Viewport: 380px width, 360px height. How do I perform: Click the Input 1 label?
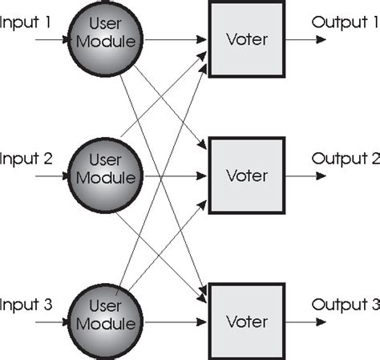pyautogui.click(x=26, y=21)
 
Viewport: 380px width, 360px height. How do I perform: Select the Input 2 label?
pyautogui.click(x=26, y=157)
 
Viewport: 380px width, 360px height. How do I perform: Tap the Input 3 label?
pyautogui.click(x=26, y=305)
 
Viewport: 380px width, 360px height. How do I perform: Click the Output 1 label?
pyautogui.click(x=346, y=21)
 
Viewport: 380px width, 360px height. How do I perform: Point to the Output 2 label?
pyautogui.click(x=346, y=157)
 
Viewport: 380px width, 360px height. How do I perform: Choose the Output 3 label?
pyautogui.click(x=346, y=305)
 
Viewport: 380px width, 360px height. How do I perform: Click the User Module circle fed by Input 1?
pyautogui.click(x=106, y=34)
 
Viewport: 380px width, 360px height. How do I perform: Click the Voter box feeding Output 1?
pyautogui.click(x=246, y=37)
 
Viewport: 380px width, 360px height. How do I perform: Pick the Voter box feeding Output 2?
pyautogui.click(x=246, y=175)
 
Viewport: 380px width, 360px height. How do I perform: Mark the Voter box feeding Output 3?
pyautogui.click(x=246, y=322)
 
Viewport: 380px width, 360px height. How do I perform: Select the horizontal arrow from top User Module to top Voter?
pyautogui.click(x=172, y=38)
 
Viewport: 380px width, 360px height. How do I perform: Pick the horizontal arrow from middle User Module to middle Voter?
pyautogui.click(x=172, y=175)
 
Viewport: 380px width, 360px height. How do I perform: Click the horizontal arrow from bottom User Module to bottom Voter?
pyautogui.click(x=172, y=322)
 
